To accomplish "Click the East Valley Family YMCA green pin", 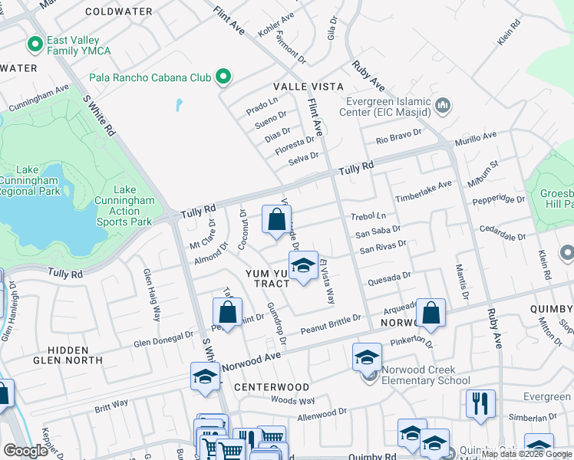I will pyautogui.click(x=35, y=44).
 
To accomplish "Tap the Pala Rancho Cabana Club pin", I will pyautogui.click(x=223, y=77).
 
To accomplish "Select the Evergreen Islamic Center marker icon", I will pyautogui.click(x=442, y=105).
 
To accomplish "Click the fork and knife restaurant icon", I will pyautogui.click(x=480, y=402).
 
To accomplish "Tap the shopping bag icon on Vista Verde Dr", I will pyautogui.click(x=275, y=219).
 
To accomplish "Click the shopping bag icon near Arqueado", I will pyautogui.click(x=431, y=312).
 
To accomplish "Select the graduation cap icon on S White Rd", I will pyautogui.click(x=205, y=377).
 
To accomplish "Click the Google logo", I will pyautogui.click(x=26, y=451).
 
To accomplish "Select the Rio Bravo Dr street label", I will pyautogui.click(x=399, y=136).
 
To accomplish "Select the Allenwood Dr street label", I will pyautogui.click(x=322, y=414).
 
